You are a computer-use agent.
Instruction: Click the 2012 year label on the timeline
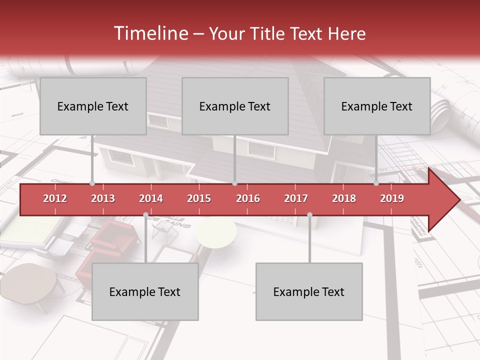55,198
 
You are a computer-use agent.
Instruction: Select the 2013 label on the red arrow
103,198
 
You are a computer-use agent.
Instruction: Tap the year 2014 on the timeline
151,198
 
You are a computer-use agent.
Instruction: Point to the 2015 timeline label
199,198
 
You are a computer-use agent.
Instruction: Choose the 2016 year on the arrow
248,198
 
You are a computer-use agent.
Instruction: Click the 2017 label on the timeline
296,198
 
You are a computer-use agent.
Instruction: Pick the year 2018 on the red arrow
344,198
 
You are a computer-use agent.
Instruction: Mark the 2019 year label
392,198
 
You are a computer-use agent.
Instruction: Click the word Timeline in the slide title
149,33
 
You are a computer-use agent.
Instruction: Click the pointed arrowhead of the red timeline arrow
447,200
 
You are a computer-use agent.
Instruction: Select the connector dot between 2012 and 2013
92,183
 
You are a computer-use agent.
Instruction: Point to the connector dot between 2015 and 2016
234,183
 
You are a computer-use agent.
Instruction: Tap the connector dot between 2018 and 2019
376,183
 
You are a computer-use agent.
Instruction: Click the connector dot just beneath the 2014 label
145,215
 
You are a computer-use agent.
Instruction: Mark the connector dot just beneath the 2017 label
309,215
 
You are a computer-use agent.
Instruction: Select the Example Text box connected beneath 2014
145,291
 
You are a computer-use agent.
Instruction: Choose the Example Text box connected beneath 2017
309,291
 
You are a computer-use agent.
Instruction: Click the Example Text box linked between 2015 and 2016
235,106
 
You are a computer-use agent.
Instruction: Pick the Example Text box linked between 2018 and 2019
377,106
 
